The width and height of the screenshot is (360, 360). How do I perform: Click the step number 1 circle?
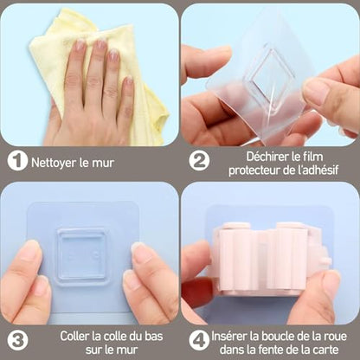point(17,161)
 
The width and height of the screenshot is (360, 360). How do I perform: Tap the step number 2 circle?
point(199,161)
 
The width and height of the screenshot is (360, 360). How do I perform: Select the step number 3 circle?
point(17,341)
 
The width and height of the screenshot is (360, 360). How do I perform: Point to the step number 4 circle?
point(199,341)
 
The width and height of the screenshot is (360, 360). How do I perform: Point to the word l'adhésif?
point(318,170)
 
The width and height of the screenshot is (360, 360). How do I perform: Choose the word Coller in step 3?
point(74,337)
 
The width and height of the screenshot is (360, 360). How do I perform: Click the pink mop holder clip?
point(270,258)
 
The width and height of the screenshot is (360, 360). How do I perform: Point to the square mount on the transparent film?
point(271,74)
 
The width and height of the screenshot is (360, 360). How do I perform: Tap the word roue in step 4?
point(335,337)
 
